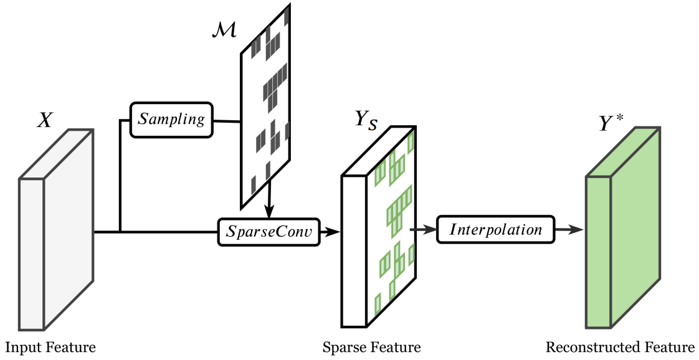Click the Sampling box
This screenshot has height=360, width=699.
pyautogui.click(x=171, y=119)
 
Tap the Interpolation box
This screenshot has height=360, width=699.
pyautogui.click(x=496, y=229)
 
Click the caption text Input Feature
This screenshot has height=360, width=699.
pyautogui.click(x=51, y=346)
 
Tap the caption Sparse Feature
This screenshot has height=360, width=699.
pyautogui.click(x=371, y=346)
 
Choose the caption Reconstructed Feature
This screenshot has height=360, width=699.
pyautogui.click(x=620, y=346)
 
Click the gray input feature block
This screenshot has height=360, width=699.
pyautogui.click(x=56, y=230)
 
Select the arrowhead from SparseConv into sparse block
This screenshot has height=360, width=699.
pyautogui.click(x=335, y=232)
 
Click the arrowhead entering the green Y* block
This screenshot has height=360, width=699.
pyautogui.click(x=579, y=229)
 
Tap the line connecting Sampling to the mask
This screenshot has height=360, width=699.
pyautogui.click(x=227, y=120)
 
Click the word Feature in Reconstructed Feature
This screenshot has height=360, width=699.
pyautogui.click(x=671, y=346)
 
